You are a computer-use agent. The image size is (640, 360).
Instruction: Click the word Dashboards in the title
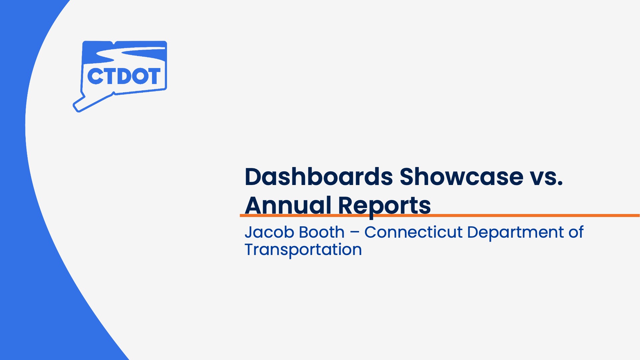pyautogui.click(x=319, y=176)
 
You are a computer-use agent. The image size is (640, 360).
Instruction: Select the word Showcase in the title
pyautogui.click(x=462, y=176)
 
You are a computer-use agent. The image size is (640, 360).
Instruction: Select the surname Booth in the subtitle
pyautogui.click(x=320, y=232)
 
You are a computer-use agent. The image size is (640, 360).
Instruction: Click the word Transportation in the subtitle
pyautogui.click(x=303, y=250)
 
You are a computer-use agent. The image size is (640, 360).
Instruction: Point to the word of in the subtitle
pyautogui.click(x=576, y=232)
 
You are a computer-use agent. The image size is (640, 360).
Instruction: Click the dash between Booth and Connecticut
pyautogui.click(x=355, y=233)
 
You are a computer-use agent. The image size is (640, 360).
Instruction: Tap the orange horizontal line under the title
pyautogui.click(x=440, y=216)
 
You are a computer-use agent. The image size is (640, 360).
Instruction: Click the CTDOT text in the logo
pyautogui.click(x=124, y=76)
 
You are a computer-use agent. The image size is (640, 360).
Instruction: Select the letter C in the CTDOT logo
pyautogui.click(x=95, y=76)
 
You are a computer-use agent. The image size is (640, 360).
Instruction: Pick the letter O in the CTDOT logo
pyautogui.click(x=136, y=76)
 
